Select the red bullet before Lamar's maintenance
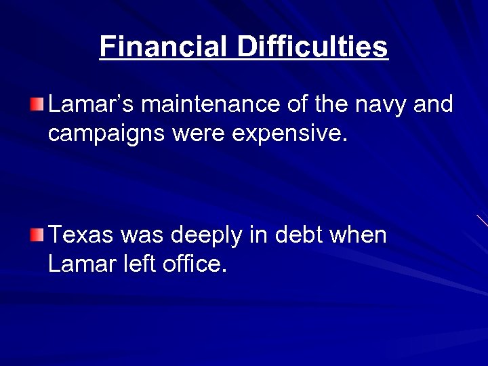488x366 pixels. tap(37, 104)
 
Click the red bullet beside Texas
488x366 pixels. tap(37, 235)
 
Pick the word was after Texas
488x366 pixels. tap(142, 237)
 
